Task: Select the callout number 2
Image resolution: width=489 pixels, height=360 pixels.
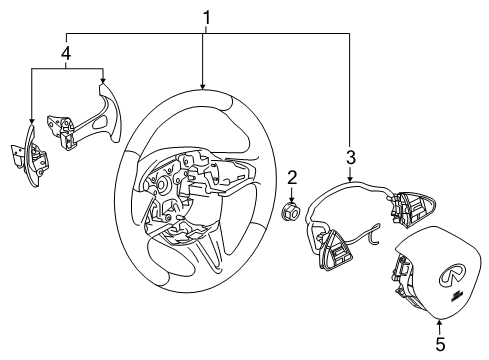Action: click(292, 177)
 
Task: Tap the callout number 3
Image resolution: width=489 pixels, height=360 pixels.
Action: click(350, 156)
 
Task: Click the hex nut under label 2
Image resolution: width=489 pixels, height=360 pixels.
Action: click(292, 213)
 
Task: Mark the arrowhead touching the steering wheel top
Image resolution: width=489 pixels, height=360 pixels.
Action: click(203, 91)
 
